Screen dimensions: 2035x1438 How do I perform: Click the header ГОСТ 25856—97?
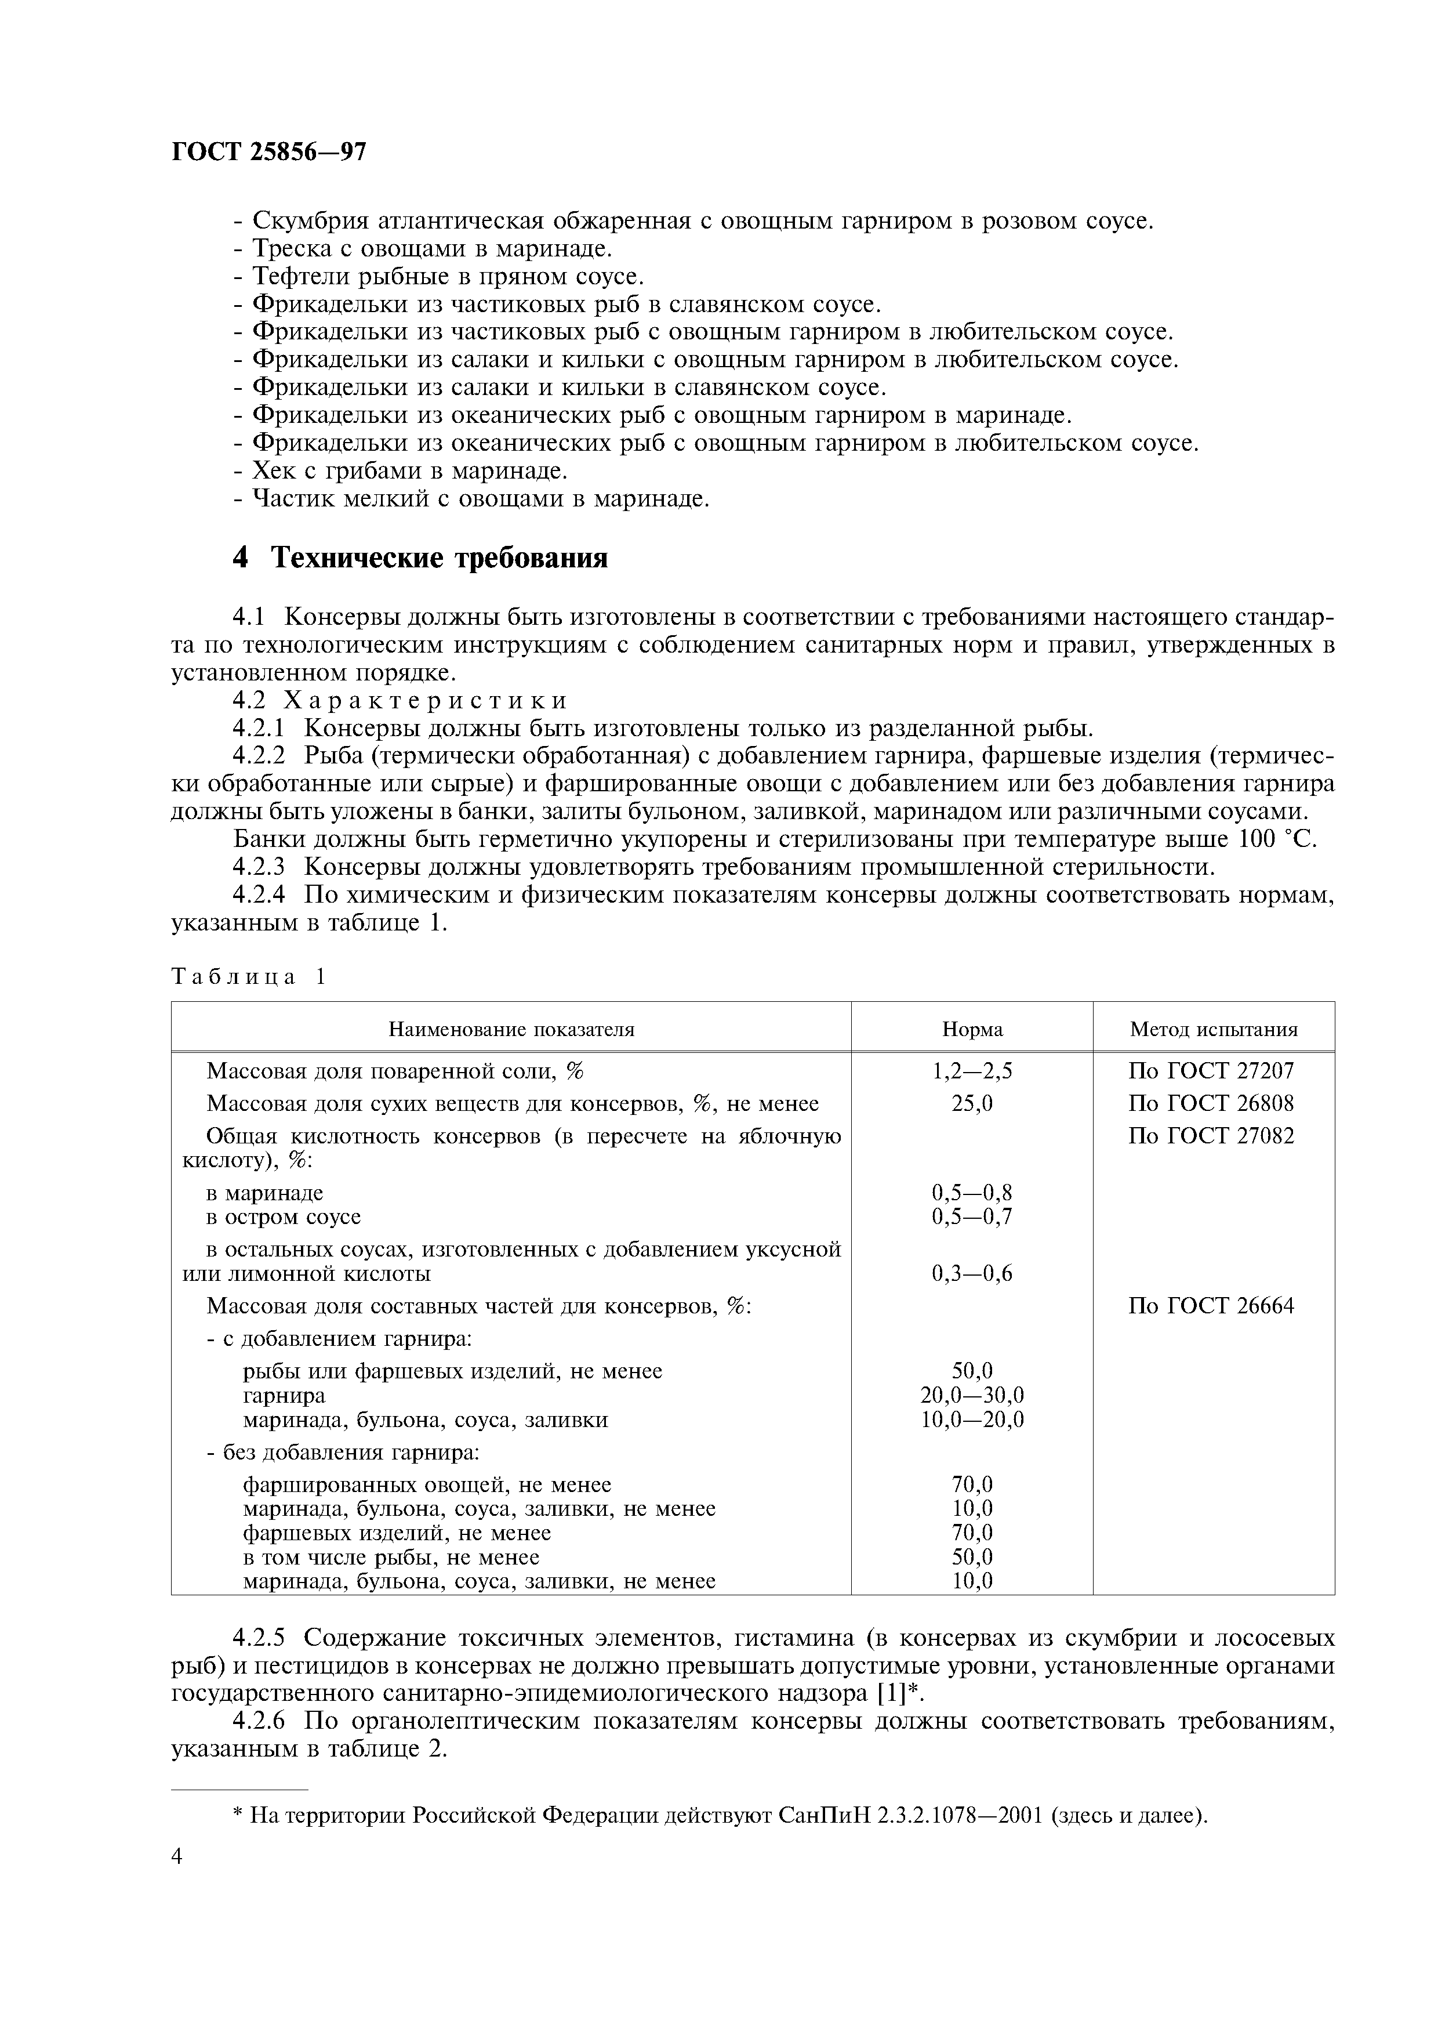point(267,153)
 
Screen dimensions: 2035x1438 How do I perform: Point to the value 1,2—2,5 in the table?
point(972,1071)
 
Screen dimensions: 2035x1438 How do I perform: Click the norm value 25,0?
point(972,1103)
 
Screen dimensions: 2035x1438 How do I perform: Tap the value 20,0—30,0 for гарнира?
point(972,1395)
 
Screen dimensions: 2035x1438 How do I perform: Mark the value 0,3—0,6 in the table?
point(972,1274)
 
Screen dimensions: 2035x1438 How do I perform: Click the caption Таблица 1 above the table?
point(249,977)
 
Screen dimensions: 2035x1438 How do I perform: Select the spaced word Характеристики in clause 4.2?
point(425,700)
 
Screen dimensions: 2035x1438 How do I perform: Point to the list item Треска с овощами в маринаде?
point(433,248)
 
